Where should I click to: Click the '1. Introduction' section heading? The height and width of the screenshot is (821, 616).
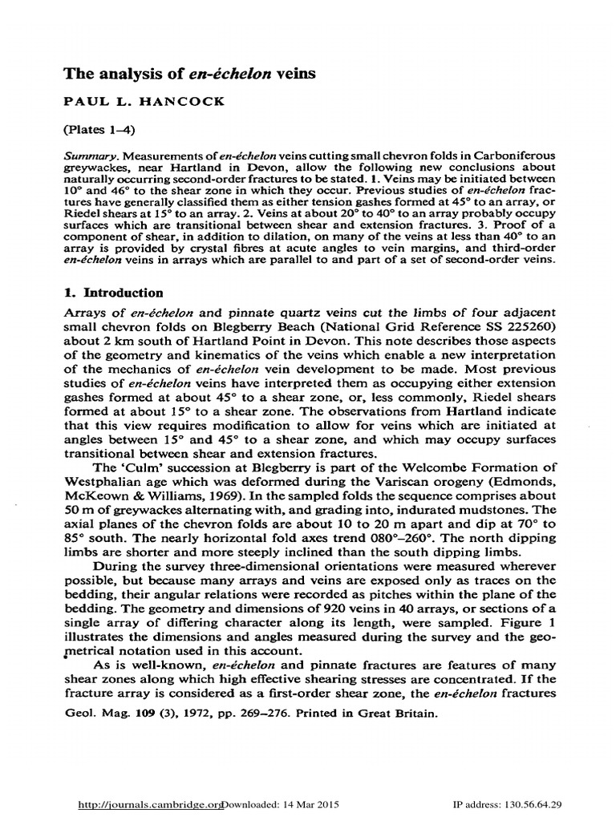point(113,293)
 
